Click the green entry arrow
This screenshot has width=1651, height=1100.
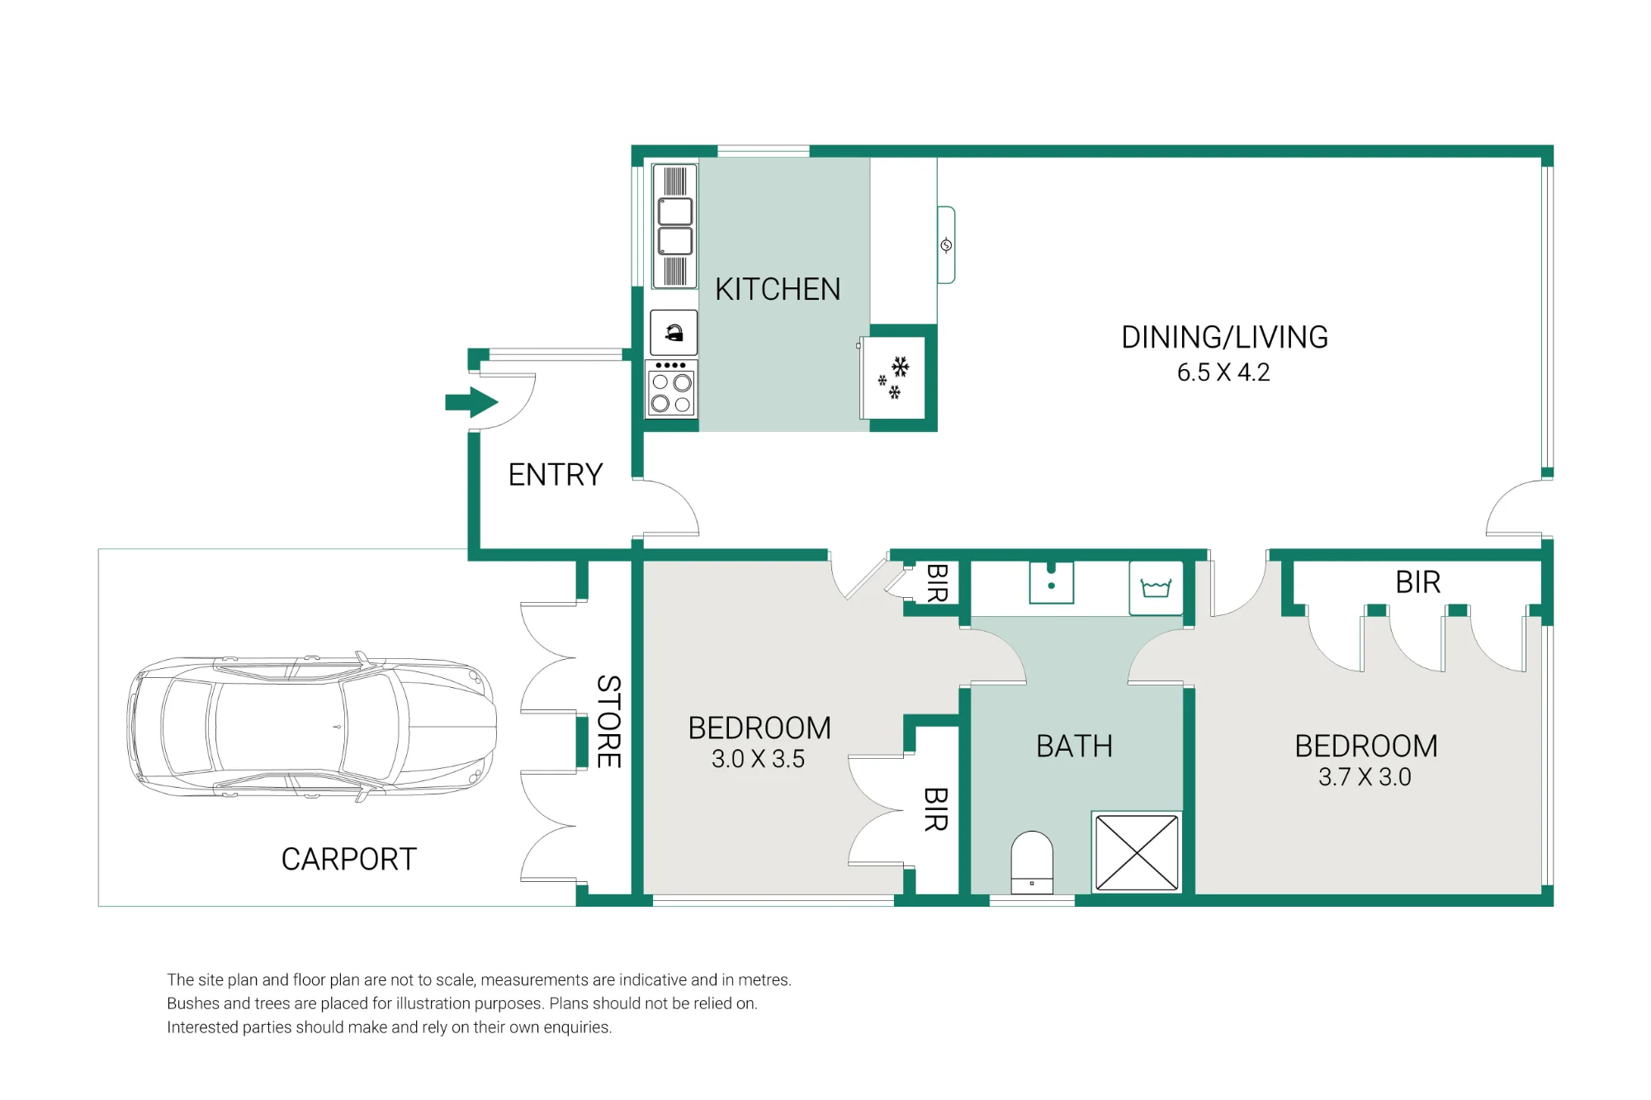pos(471,403)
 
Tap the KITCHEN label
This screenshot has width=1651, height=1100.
pos(778,290)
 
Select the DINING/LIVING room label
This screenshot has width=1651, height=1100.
pos(1224,337)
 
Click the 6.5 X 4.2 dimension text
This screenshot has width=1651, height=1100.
pos(1223,372)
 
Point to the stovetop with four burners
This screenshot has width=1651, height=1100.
pos(671,389)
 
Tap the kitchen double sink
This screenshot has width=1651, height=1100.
pos(674,226)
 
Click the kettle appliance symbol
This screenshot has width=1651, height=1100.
pos(674,333)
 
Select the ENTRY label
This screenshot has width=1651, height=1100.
pos(556,475)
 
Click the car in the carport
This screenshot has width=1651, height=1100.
pos(312,727)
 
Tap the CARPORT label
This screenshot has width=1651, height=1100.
pos(349,860)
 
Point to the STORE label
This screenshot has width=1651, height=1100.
pos(608,722)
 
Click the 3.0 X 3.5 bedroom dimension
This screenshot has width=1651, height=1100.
pos(758,759)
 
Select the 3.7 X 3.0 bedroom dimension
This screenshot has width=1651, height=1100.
pos(1365,777)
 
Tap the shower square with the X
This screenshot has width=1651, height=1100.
pos(1137,853)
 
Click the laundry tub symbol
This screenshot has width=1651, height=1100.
pos(1156,587)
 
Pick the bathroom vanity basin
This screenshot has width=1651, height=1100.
pos(1051,582)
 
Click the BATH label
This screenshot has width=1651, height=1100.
pos(1074,747)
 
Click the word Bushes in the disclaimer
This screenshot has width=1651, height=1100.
pos(192,1003)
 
